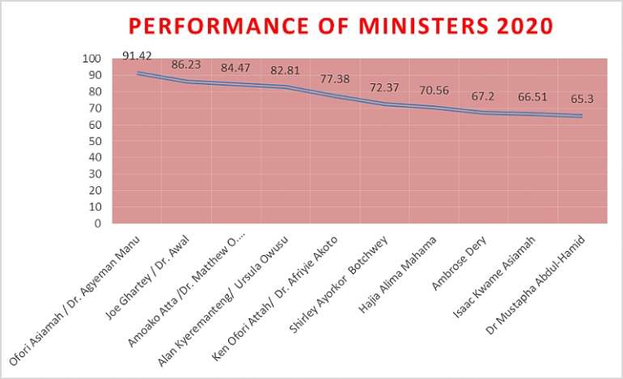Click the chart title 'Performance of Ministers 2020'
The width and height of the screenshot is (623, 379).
[341, 26]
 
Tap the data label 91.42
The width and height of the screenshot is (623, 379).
[137, 56]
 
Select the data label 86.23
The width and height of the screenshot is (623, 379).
[186, 65]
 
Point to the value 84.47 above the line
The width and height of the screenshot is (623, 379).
[235, 67]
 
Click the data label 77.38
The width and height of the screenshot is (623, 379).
[335, 79]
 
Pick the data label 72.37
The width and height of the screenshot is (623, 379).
[384, 87]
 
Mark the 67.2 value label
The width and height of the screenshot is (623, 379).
[483, 96]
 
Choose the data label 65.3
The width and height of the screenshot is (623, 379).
[582, 99]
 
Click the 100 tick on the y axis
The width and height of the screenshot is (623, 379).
[91, 58]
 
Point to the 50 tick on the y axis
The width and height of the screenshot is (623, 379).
[95, 141]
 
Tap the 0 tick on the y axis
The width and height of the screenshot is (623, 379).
[98, 224]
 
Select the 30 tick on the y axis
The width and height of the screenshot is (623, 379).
[95, 174]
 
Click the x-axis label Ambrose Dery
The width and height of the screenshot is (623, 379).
[460, 263]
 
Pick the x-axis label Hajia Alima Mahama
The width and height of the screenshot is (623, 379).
[398, 275]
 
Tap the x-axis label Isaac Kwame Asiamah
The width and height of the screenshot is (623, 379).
[494, 277]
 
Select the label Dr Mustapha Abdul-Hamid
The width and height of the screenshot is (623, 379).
[536, 285]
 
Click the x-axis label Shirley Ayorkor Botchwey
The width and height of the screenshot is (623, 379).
[338, 285]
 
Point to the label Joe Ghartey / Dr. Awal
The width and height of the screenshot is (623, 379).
[147, 278]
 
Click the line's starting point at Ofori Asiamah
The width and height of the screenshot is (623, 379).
[138, 73]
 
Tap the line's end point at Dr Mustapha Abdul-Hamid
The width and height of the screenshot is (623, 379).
[582, 116]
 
